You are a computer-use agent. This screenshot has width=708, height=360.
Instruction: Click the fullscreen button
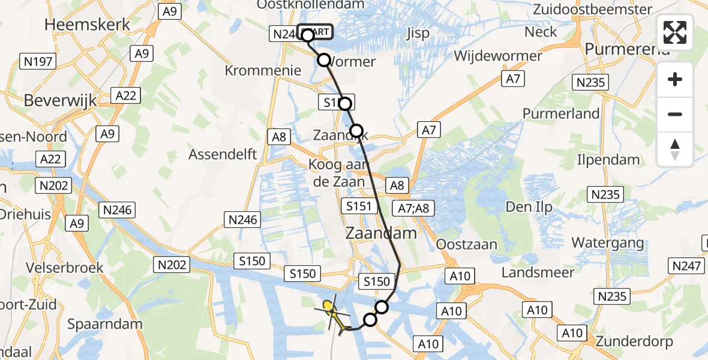click(675, 32)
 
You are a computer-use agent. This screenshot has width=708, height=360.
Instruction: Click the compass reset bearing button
click(675, 149)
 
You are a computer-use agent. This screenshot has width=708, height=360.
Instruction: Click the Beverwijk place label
click(60, 100)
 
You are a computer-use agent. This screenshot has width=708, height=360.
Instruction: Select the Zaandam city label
click(381, 233)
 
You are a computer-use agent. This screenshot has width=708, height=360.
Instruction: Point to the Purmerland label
click(561, 113)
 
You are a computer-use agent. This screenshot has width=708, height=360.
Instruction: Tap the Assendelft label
click(223, 154)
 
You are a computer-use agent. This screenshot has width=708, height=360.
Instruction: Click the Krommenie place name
click(263, 70)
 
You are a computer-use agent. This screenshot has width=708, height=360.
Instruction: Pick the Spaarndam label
click(105, 324)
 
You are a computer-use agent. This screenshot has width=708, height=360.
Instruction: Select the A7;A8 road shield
click(414, 208)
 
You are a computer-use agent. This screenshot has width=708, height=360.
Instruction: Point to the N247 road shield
click(688, 265)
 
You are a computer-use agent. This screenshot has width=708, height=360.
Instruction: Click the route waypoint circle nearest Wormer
click(324, 60)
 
